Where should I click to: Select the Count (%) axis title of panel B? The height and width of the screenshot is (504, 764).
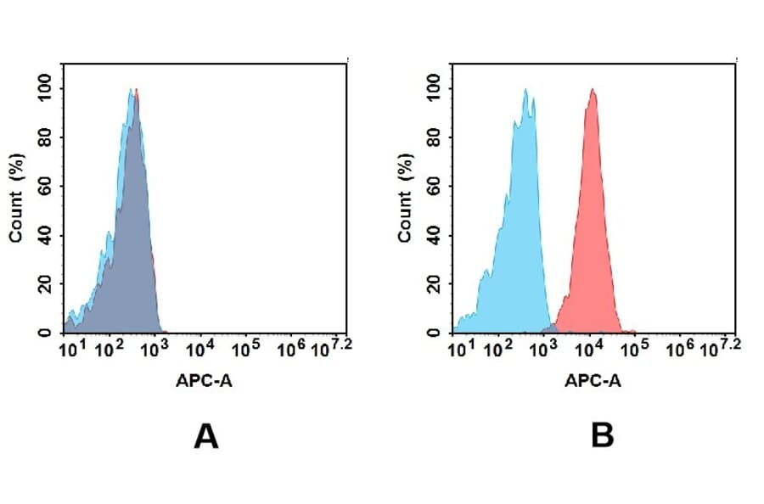(406, 198)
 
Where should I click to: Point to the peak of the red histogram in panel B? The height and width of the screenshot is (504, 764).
(593, 92)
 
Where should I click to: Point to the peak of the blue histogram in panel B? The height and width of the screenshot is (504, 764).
(526, 92)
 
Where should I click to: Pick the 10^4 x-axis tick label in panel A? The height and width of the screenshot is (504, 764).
(199, 349)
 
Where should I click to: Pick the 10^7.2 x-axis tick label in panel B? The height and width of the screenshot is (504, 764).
(724, 347)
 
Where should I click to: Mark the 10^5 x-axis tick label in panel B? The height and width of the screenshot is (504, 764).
(634, 349)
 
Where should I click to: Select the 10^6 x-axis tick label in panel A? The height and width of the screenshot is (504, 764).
(289, 349)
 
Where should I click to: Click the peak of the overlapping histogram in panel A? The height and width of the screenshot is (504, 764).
(133, 92)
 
